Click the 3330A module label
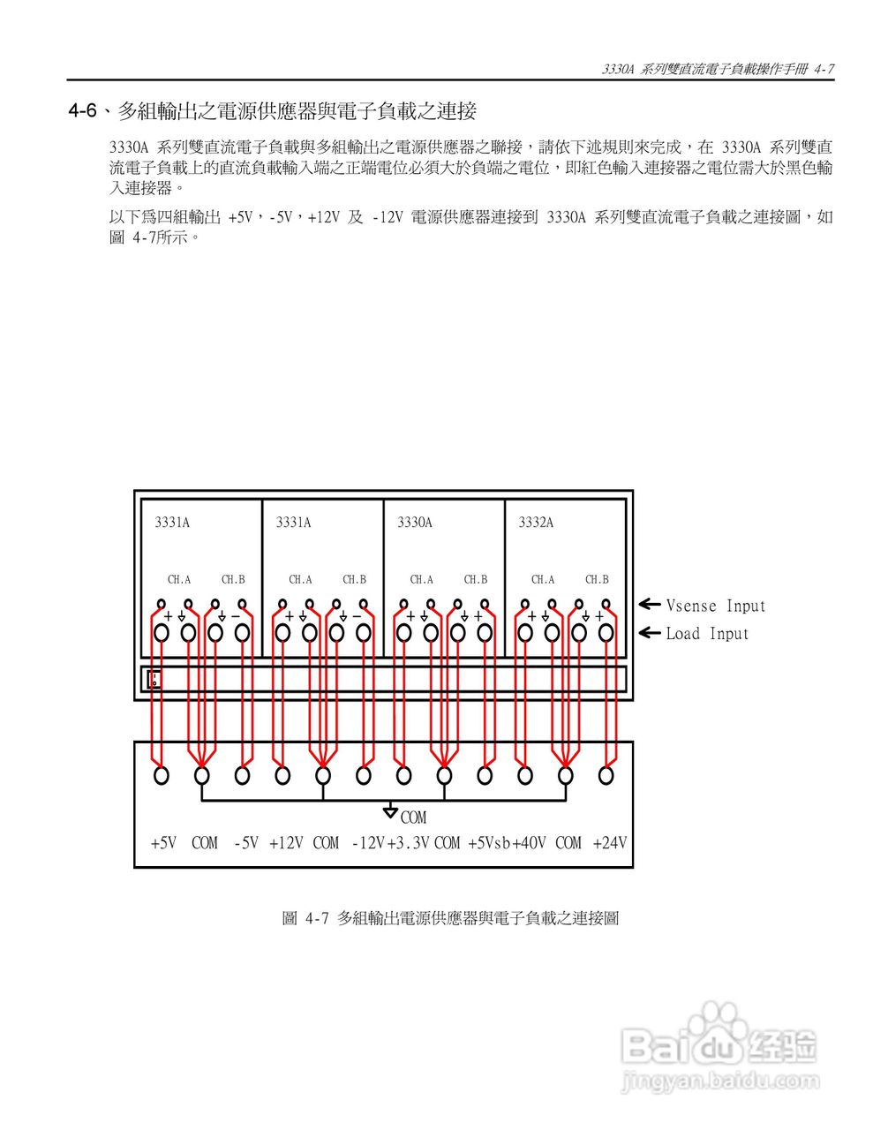coord(415,523)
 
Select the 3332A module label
coord(536,523)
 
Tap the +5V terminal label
coord(163,843)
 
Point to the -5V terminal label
coord(246,843)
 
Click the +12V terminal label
coord(286,843)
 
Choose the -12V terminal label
coord(368,843)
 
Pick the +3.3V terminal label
coord(408,843)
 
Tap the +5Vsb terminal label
coord(489,843)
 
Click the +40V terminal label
coord(529,843)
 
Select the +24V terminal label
coord(610,843)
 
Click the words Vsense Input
coord(715,606)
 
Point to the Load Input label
coord(706,634)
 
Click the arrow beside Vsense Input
coord(650,605)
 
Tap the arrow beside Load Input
coord(650,633)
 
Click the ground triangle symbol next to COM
coord(390,811)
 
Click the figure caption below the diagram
coord(450,918)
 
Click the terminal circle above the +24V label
coord(606,775)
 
